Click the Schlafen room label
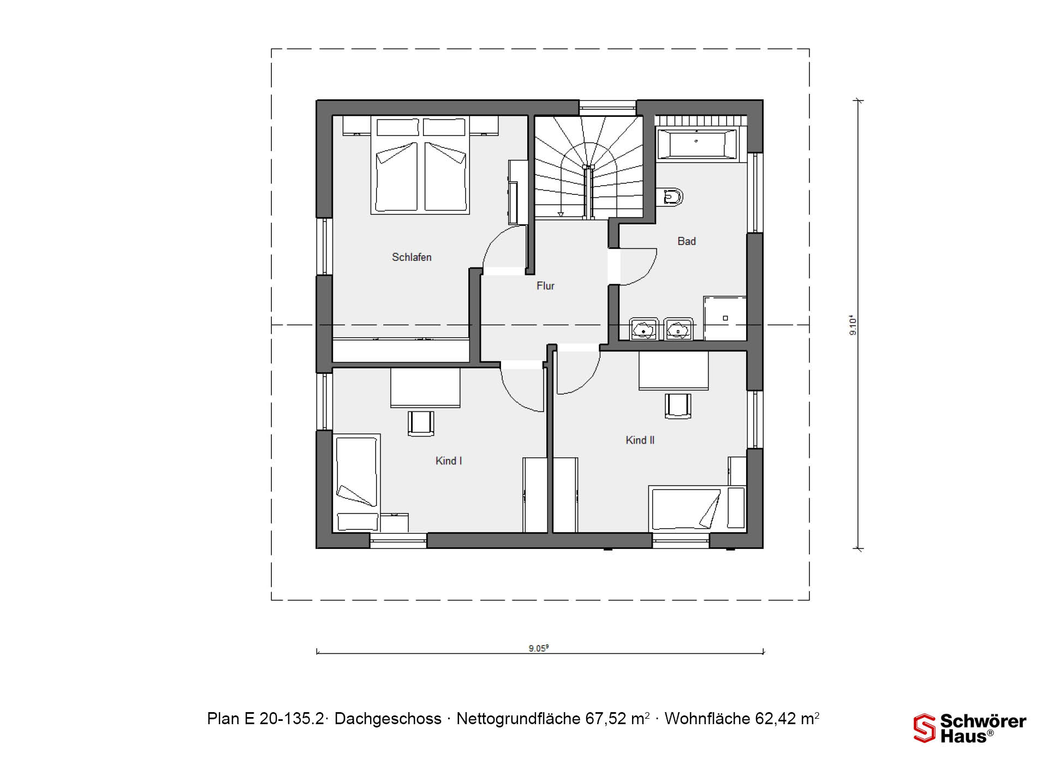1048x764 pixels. click(412, 257)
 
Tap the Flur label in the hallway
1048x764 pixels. click(545, 285)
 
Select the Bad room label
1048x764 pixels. click(687, 241)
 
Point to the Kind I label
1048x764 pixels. click(449, 461)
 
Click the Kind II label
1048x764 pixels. click(640, 440)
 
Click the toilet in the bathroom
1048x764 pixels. click(670, 196)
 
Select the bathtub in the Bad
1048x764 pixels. click(697, 144)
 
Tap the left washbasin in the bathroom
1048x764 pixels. click(645, 329)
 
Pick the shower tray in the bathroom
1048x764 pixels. click(725, 318)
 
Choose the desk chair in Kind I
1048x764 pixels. click(421, 423)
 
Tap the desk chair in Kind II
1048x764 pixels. click(678, 406)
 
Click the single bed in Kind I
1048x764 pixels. click(356, 483)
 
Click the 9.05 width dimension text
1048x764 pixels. click(538, 648)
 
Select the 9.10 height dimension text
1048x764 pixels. click(854, 326)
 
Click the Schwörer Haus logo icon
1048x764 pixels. click(925, 729)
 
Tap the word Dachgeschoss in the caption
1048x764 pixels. click(388, 719)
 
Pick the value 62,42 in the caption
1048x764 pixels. click(776, 719)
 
